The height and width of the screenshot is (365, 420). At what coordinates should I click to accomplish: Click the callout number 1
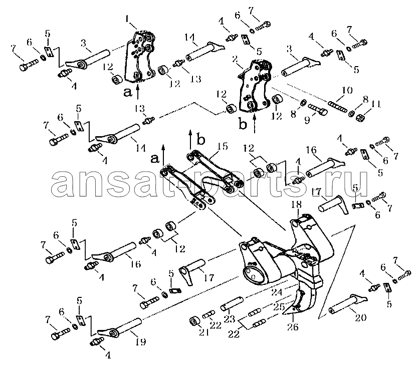click(127, 20)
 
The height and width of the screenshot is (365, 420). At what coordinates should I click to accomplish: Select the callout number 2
click(235, 60)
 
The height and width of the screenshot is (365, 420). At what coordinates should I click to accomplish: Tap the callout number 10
click(347, 91)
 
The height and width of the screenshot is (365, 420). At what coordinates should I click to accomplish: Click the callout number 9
click(307, 119)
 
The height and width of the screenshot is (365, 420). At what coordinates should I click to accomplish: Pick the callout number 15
click(223, 146)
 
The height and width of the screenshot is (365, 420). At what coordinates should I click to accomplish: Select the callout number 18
click(296, 204)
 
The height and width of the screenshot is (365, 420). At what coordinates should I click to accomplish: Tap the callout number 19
click(141, 342)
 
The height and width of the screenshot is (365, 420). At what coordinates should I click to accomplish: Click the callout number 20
click(360, 317)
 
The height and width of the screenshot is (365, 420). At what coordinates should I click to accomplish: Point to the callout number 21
click(205, 332)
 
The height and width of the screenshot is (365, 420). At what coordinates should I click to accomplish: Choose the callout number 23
click(230, 319)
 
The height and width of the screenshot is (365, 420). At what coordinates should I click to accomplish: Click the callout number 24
click(276, 292)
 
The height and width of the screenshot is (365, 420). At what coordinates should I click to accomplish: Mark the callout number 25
click(279, 306)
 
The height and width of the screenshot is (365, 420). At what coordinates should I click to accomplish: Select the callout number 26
click(293, 327)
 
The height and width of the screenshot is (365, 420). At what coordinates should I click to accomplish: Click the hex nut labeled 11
click(359, 117)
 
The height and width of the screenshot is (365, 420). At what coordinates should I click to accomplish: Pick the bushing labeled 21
click(194, 321)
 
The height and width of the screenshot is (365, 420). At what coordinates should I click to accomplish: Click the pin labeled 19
click(119, 326)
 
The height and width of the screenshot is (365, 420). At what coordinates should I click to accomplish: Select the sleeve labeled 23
click(232, 303)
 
